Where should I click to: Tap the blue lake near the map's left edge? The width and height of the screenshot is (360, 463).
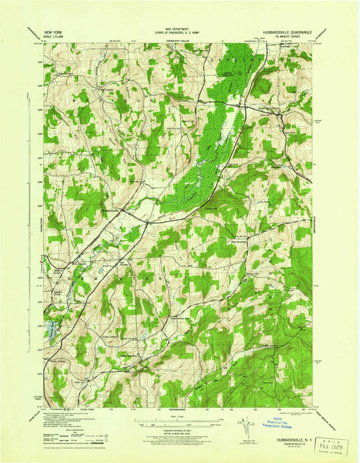(50, 328)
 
